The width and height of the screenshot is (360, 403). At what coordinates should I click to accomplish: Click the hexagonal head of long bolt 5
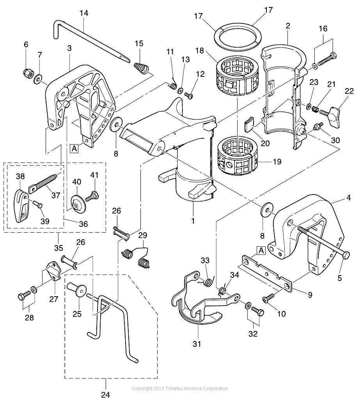click(x=345, y=256)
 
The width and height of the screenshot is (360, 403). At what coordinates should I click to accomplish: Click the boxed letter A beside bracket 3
click(x=74, y=148)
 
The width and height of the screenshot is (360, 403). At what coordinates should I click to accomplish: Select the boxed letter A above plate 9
click(x=261, y=251)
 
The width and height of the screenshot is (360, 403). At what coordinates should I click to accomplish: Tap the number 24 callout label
click(x=106, y=394)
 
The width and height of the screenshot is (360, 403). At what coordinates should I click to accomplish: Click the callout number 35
click(x=59, y=248)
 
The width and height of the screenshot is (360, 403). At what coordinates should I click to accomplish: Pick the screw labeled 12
click(x=189, y=95)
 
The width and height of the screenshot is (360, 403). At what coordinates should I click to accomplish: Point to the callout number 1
click(x=193, y=221)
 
